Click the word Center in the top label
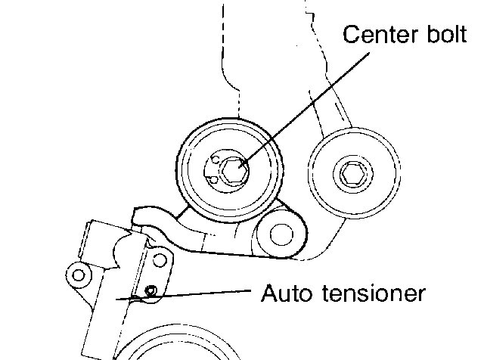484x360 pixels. [375, 36]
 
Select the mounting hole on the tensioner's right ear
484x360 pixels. [158, 261]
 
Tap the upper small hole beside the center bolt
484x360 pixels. [216, 159]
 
